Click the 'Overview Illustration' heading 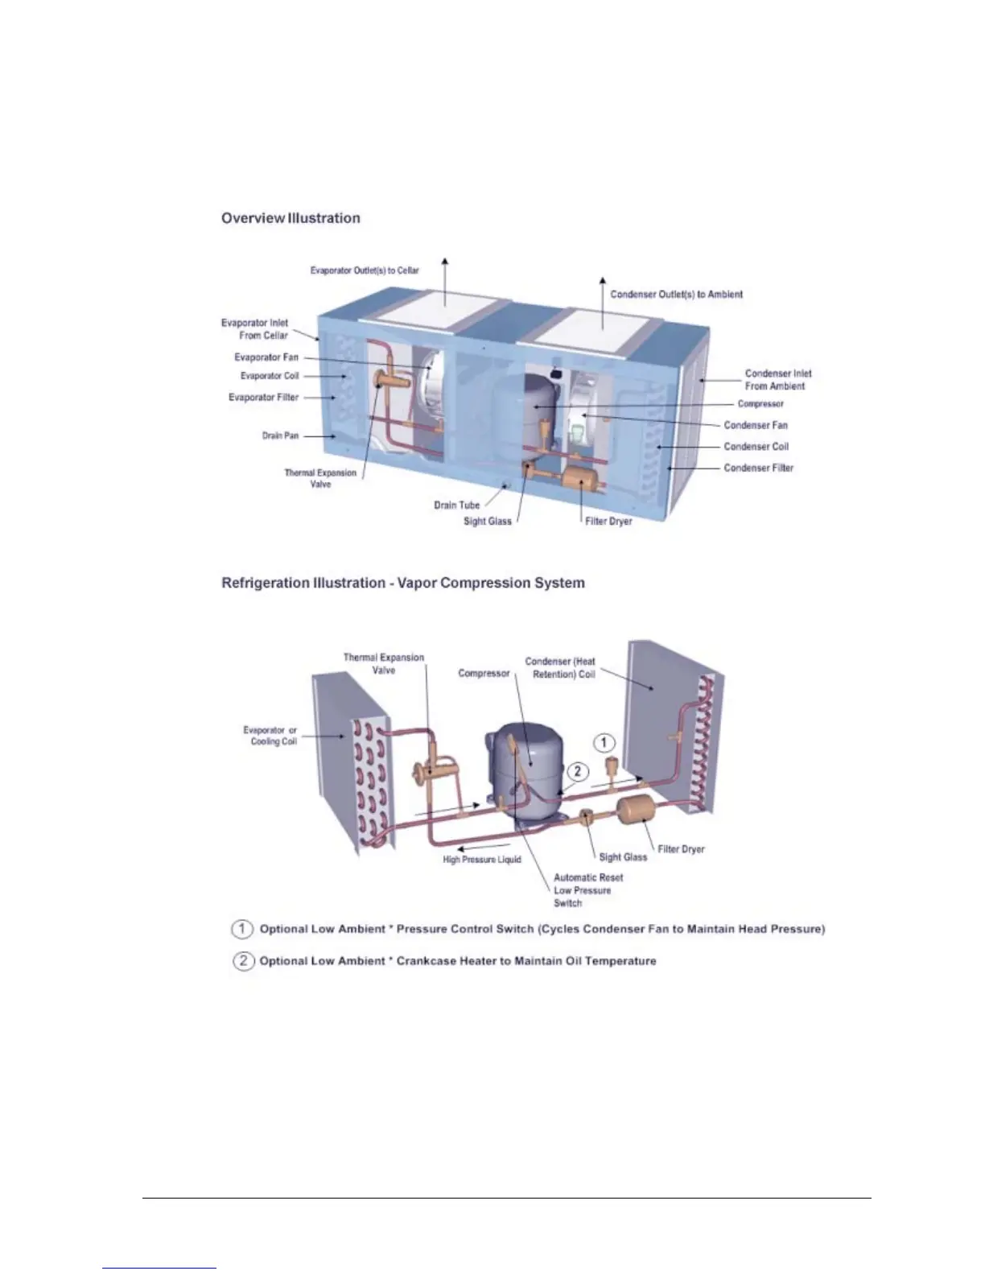[x=291, y=218]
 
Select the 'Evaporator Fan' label [x=266, y=357]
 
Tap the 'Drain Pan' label [x=280, y=435]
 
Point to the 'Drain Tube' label [x=456, y=505]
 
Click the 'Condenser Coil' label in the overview [x=756, y=447]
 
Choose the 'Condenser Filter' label [x=758, y=468]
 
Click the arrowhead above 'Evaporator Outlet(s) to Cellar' [x=444, y=261]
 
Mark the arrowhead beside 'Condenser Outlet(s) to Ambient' [x=603, y=281]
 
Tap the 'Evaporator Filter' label [x=263, y=398]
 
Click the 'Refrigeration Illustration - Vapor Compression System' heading [x=403, y=583]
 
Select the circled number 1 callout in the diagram [x=604, y=743]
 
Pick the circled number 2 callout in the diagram [x=577, y=771]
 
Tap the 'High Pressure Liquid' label [x=482, y=860]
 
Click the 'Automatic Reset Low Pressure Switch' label [x=587, y=890]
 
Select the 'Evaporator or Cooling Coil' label [x=270, y=736]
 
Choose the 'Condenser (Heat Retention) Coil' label [x=561, y=667]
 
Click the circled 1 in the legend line [x=242, y=929]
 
